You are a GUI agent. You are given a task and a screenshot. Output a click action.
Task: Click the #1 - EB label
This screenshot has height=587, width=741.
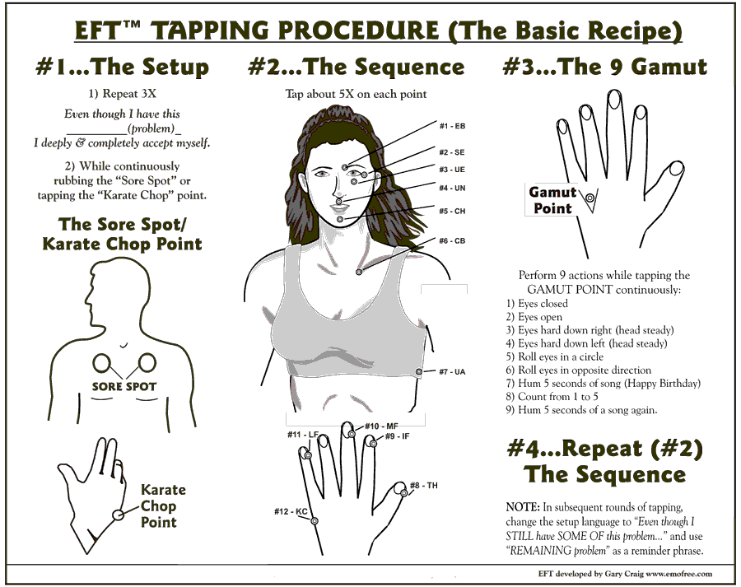452,126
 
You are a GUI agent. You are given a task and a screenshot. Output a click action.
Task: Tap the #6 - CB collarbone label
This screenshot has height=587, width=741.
452,241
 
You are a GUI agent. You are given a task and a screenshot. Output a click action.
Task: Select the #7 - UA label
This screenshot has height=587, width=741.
452,372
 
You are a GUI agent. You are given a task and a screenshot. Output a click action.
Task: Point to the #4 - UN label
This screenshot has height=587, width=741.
452,188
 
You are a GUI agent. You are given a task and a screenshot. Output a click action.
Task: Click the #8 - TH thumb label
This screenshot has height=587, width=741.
424,486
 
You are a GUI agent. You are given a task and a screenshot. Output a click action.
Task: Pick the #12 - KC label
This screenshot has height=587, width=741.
291,512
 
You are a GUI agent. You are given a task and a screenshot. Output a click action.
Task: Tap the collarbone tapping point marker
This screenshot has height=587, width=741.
359,272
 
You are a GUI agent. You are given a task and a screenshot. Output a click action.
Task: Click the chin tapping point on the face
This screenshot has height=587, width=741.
340,219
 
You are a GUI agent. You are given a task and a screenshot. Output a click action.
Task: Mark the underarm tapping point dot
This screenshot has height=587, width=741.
419,372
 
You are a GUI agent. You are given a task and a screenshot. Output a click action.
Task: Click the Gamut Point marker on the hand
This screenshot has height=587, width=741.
590,198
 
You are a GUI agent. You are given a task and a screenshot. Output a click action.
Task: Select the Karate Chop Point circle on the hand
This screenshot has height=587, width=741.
118,515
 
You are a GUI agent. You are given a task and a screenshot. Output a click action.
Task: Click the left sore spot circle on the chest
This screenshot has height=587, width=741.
101,363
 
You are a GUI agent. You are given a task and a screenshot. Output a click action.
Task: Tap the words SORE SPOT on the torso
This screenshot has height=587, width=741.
123,387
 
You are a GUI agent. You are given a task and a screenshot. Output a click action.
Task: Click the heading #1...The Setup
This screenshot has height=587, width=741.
123,67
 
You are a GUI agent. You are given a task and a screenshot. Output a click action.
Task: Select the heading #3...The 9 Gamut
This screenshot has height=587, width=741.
605,67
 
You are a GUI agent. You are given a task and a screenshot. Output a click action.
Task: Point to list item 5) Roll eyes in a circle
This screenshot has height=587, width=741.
554,356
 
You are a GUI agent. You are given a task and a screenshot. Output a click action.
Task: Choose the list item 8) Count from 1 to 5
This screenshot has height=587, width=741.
552,397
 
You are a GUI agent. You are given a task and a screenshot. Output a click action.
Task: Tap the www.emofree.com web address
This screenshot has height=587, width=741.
679,574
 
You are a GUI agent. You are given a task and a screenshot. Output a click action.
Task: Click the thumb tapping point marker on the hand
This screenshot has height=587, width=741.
404,493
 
